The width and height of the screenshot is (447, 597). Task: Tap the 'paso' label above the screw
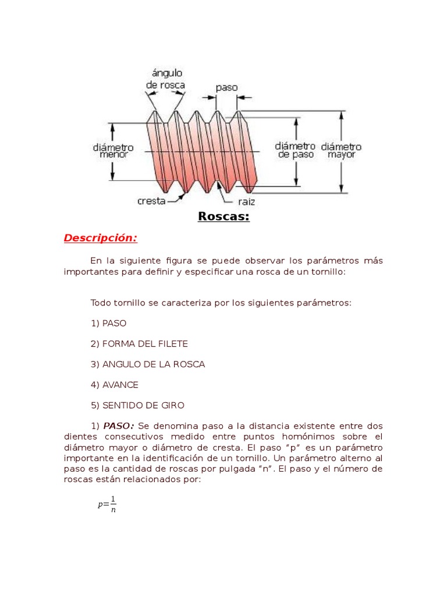(226, 87)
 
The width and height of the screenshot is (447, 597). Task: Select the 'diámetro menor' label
(113, 151)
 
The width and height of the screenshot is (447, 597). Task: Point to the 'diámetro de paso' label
(295, 150)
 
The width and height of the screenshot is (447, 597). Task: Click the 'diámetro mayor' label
(341, 150)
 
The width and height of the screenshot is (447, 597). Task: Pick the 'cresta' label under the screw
(151, 201)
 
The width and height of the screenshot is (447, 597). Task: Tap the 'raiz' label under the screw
(246, 202)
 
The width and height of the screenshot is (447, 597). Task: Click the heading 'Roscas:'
(223, 217)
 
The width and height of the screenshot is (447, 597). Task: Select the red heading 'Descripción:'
(101, 238)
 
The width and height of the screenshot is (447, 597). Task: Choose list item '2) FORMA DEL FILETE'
(139, 344)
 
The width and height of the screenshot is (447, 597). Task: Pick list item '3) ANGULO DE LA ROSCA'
(148, 364)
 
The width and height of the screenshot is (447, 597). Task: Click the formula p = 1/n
(107, 504)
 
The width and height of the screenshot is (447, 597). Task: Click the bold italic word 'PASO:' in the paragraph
(119, 426)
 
